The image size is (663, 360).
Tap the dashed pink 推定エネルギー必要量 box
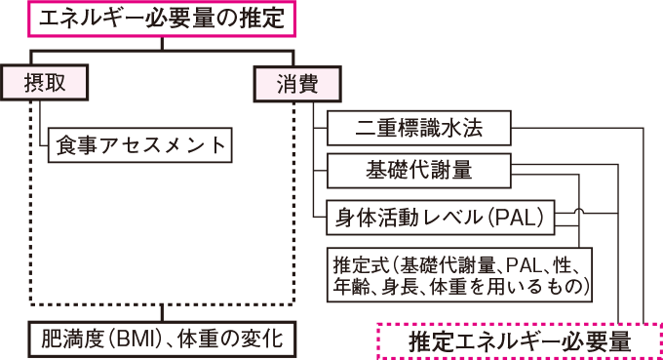click(x=519, y=341)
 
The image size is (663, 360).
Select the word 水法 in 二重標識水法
click(x=474, y=127)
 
